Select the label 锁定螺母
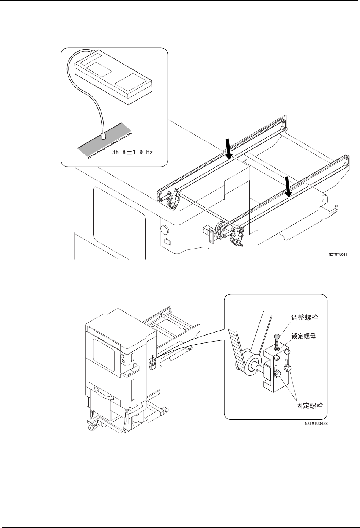click(305, 336)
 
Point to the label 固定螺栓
click(309, 406)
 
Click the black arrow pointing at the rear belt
click(228, 149)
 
